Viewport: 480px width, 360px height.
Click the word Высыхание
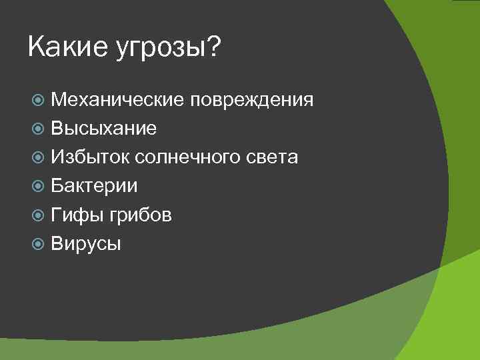tap(103, 129)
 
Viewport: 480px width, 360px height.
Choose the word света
tap(272, 157)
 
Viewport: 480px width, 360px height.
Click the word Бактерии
tap(94, 186)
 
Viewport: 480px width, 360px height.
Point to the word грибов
tap(142, 215)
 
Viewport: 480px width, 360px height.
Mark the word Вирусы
tap(86, 244)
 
